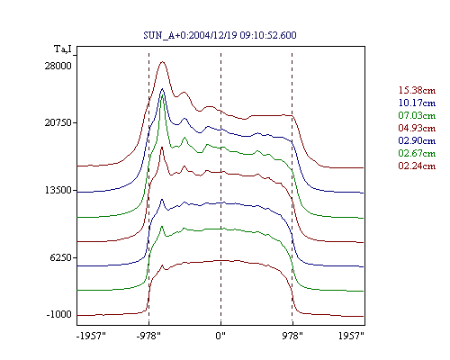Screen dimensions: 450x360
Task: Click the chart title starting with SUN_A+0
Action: [220, 35]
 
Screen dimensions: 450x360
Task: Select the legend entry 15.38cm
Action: [417, 90]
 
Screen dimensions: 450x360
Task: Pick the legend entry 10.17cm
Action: [417, 103]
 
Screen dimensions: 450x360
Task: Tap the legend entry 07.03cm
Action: [417, 115]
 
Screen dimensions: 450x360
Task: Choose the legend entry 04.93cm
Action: [417, 128]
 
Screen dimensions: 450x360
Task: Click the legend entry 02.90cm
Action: [417, 140]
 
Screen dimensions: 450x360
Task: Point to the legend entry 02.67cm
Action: [417, 153]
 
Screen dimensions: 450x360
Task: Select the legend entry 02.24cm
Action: [417, 166]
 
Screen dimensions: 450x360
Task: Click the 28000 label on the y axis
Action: [58, 66]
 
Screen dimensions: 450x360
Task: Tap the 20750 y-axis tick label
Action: [58, 122]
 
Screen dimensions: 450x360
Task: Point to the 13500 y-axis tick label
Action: [58, 190]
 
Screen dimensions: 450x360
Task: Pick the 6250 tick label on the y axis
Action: [61, 257]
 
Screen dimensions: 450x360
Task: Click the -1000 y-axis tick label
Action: [59, 314]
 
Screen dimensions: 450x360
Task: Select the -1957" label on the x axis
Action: [91, 336]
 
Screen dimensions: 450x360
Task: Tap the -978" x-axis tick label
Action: [148, 336]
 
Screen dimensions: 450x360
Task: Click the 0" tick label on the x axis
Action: [220, 336]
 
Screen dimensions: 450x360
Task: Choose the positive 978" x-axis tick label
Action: [292, 336]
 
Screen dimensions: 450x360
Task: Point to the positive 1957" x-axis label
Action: [351, 336]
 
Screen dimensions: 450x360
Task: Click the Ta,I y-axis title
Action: [63, 49]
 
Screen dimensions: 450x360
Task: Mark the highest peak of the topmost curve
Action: [163, 62]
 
